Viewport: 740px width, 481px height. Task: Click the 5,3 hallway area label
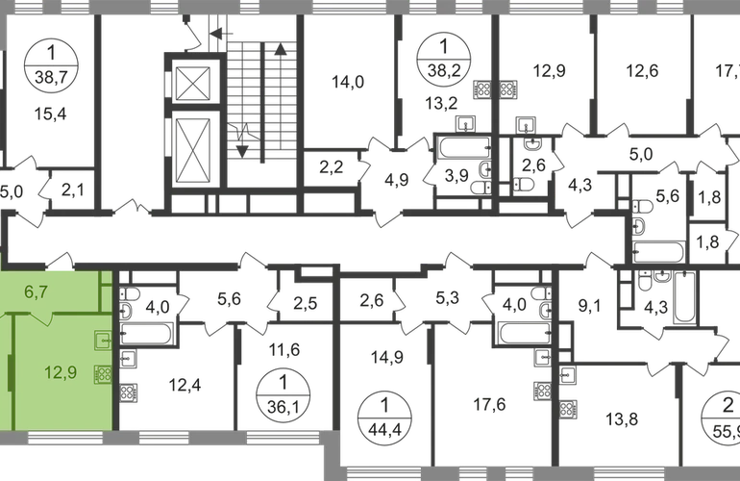pos(445,297)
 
